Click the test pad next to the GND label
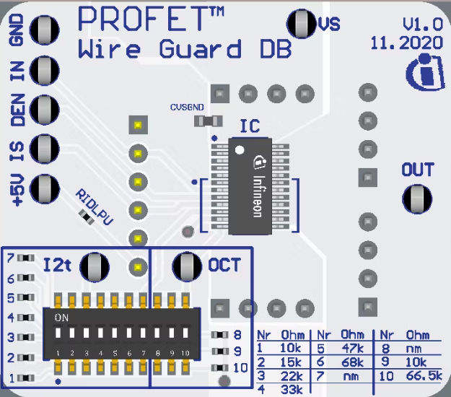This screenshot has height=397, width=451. (45, 31)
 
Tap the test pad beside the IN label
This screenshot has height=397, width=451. (45, 70)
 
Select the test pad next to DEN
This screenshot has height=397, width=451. (45, 110)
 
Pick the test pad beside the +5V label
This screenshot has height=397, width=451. (45, 188)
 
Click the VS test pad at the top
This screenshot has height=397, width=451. (300, 24)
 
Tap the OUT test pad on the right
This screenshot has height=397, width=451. (416, 198)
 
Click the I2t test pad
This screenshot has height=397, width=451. (94, 267)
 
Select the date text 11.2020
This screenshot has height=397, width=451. (406, 43)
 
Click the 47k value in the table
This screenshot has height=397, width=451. (352, 348)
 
